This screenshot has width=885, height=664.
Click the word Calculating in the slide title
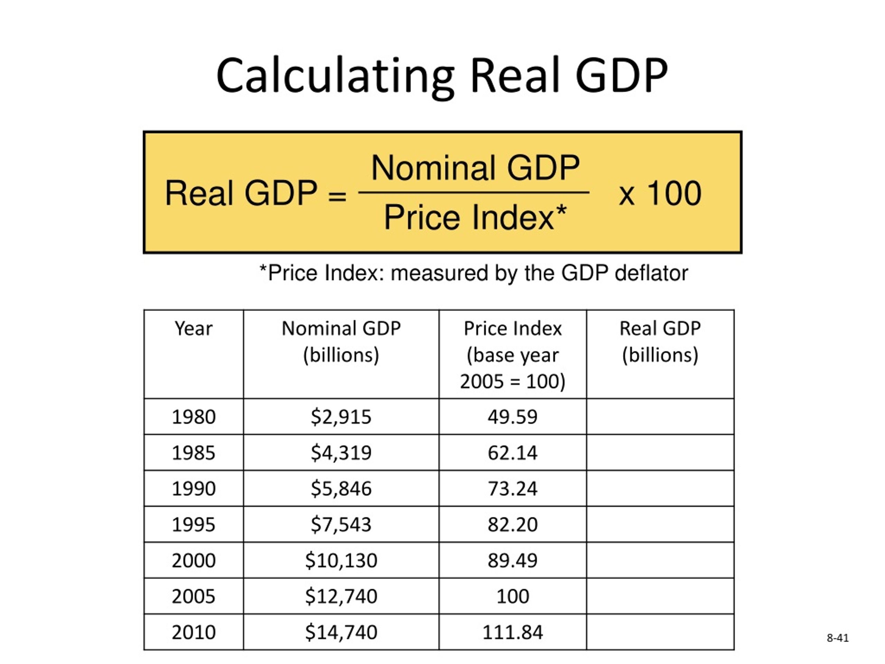pos(335,76)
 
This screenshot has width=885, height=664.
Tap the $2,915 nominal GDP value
pos(341,417)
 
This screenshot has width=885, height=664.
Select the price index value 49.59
pos(513,417)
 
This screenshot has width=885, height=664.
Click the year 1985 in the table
pos(194,453)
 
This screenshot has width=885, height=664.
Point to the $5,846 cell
pos(341,488)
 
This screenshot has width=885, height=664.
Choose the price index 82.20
pos(513,524)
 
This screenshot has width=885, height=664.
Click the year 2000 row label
pos(194,560)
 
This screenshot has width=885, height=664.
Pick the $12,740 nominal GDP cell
pos(341,596)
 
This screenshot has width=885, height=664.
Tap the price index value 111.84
pos(513,632)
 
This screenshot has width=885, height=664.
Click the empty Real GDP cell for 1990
pos(660,488)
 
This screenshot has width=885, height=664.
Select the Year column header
pos(194,329)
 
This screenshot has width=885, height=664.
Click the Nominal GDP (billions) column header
pos(341,341)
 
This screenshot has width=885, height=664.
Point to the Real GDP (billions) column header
pos(660,341)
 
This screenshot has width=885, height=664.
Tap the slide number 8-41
pos(837,638)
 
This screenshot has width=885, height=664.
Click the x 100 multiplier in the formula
pos(660,193)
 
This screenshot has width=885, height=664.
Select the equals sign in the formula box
pos(337,196)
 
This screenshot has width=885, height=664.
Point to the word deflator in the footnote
pos(651,273)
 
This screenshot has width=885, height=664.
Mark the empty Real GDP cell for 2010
pos(660,632)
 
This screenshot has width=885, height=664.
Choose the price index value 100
pos(513,596)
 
